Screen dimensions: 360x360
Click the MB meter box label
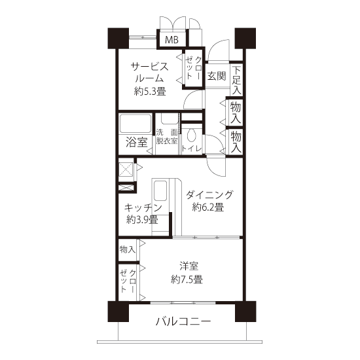coord(171,40)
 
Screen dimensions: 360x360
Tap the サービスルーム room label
coord(149,73)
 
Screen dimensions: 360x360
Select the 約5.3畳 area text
coord(150,92)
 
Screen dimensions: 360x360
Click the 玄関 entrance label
coord(217,76)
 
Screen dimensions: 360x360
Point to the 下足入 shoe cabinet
coord(236,81)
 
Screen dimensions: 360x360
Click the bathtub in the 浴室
coord(135,123)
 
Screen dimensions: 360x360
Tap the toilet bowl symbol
coord(191,135)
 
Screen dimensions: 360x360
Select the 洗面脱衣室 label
coord(167,136)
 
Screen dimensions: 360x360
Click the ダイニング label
coord(209,195)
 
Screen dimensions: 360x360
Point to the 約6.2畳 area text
coord(208,207)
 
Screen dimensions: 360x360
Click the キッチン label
coord(143,207)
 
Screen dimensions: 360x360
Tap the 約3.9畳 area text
coord(142,220)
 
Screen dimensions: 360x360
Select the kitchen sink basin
coord(160,190)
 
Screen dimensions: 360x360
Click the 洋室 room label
coord(189,266)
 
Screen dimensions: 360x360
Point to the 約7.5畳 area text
coord(187,279)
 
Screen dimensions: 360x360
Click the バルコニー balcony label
coord(183,321)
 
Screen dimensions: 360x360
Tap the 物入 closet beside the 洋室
coord(128,250)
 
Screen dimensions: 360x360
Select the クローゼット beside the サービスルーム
coord(192,68)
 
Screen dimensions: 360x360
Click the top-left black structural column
coord(118,39)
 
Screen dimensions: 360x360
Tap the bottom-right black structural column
coord(245,312)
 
